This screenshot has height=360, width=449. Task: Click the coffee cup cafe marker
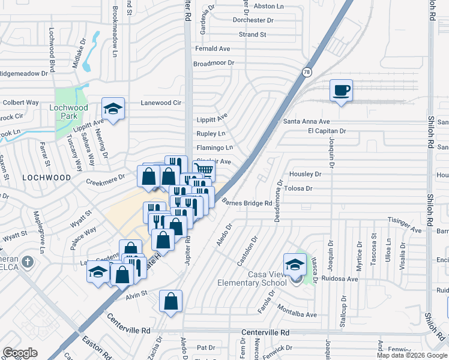click(x=341, y=91)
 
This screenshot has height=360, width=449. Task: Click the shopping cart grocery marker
click(x=204, y=169)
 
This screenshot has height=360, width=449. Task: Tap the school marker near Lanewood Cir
click(x=112, y=109)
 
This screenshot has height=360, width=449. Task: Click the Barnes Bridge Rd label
click(x=247, y=203)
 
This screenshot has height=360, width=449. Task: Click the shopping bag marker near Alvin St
click(x=170, y=301)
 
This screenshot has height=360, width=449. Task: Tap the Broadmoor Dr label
click(x=213, y=63)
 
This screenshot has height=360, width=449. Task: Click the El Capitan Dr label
click(x=327, y=131)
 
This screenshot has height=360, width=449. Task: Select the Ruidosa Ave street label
click(x=340, y=279)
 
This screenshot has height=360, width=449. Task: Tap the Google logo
click(x=20, y=353)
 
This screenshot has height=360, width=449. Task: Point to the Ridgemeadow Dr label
click(x=23, y=74)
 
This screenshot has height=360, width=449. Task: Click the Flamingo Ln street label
click(x=214, y=148)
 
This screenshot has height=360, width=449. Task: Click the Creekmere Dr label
click(x=105, y=178)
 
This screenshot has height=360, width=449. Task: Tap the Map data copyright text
click(x=411, y=355)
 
